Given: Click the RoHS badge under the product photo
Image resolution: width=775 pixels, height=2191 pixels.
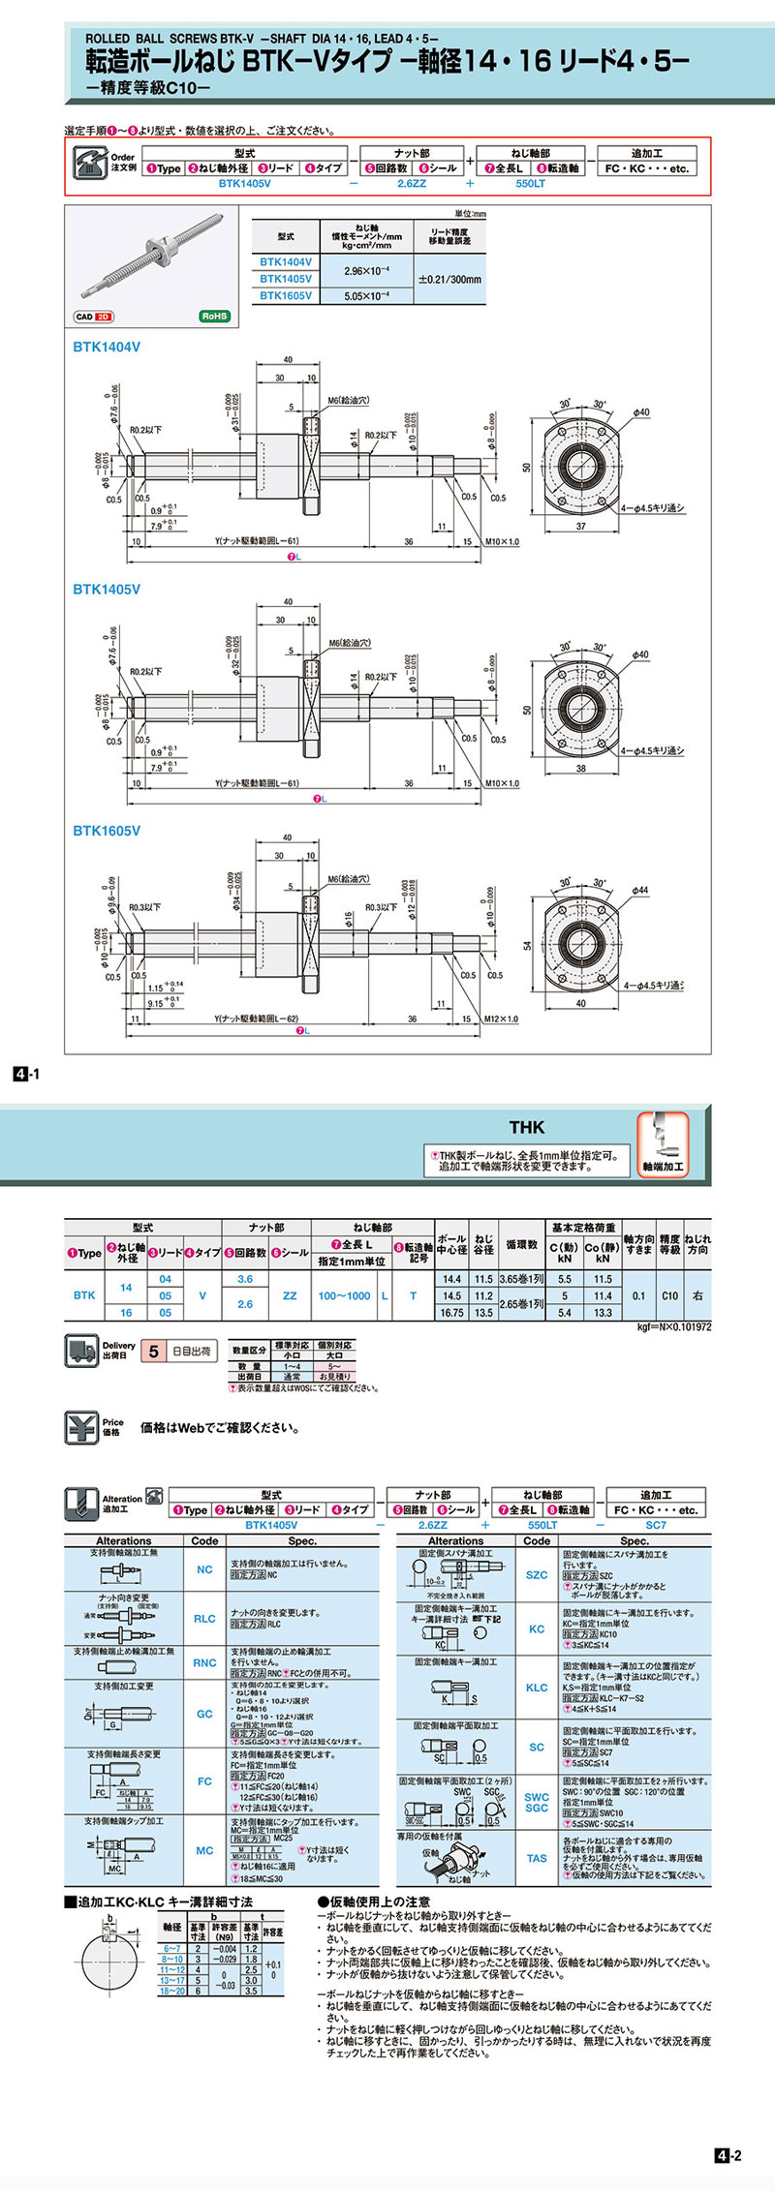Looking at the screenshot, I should pos(214,317).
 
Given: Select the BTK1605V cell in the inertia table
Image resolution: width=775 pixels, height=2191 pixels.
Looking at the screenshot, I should pos(286,296).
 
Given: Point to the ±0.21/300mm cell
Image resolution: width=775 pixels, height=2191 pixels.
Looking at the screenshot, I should pos(449,279).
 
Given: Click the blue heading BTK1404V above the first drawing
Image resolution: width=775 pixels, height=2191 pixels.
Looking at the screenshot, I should pos(107,347).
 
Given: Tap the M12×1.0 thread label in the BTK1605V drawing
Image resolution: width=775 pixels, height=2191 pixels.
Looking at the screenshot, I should pos(499,1019).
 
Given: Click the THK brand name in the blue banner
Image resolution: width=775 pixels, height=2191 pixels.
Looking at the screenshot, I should pos(527,1127).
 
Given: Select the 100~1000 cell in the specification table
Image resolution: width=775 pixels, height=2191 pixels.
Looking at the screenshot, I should pos(344,1295).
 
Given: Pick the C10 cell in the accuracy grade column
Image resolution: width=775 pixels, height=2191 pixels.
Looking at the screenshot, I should pos(669,1295).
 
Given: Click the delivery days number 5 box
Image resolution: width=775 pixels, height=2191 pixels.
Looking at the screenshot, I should pos(153,1351).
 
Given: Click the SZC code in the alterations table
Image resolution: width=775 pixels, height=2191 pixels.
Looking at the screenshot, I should pos(537,1575).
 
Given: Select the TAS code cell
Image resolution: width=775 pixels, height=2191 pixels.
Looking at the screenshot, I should pos(537,1858).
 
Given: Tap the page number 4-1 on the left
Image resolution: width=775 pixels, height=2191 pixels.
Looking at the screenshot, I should pos(25,1073).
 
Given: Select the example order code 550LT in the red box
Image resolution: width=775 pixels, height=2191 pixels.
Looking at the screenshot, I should pos(530,183).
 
